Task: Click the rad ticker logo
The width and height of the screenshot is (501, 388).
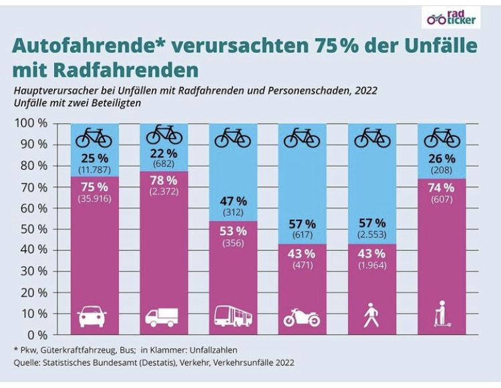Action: (x=452, y=17)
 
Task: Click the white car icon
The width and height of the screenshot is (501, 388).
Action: (x=93, y=315)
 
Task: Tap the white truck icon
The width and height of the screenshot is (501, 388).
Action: (x=162, y=315)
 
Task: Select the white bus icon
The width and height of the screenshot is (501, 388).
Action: (x=232, y=315)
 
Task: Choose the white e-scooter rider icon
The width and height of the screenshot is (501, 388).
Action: (x=442, y=313)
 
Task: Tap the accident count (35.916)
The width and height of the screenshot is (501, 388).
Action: (x=94, y=198)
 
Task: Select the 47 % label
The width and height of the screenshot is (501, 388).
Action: (x=232, y=201)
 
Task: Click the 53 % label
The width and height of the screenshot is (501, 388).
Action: (x=232, y=231)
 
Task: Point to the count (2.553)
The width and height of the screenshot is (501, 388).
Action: (x=371, y=234)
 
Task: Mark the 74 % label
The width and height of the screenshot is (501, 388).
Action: (x=441, y=188)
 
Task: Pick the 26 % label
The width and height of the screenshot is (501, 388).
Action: (x=442, y=158)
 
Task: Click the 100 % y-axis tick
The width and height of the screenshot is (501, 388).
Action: (x=31, y=124)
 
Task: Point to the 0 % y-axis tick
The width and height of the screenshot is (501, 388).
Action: (x=37, y=334)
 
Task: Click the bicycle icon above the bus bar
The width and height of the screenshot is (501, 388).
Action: (x=232, y=138)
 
